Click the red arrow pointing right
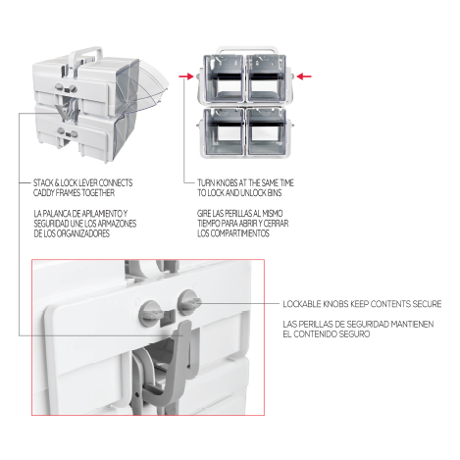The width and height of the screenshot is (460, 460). click(186, 77)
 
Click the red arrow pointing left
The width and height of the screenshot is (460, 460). click(304, 77)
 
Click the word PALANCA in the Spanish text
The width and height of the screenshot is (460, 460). click(56, 214)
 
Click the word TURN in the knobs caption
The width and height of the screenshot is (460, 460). click(205, 182)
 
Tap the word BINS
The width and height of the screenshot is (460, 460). click(275, 193)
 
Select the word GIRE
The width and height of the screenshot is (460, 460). click(204, 214)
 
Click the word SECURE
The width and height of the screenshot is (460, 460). click(427, 304)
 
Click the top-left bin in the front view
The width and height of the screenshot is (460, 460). click(224, 78)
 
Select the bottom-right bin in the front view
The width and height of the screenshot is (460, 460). click(267, 131)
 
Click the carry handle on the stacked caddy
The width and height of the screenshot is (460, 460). click(85, 55)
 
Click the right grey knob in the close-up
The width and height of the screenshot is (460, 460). click(188, 301)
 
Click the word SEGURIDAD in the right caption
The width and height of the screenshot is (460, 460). click(334, 325)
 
